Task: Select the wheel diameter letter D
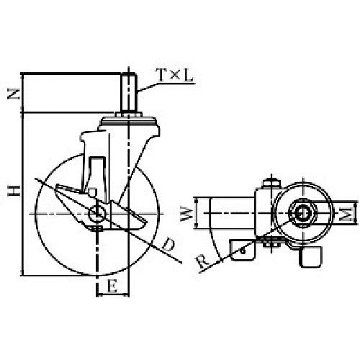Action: [x=168, y=246]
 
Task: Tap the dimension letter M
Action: [x=346, y=213]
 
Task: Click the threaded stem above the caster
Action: [x=130, y=94]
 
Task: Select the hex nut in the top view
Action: [x=301, y=213]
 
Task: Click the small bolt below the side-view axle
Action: [x=98, y=230]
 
